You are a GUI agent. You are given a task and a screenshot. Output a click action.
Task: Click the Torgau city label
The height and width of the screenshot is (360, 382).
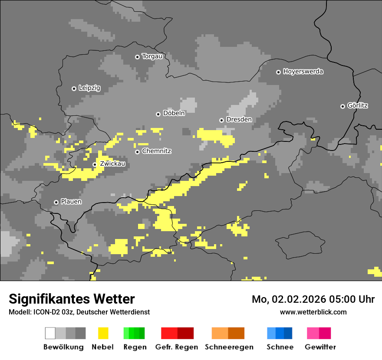(152, 56)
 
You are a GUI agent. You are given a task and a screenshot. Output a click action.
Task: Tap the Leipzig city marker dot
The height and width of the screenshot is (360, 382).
(74, 88)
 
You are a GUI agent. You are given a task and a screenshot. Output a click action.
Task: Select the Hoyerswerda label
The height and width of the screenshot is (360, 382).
(303, 72)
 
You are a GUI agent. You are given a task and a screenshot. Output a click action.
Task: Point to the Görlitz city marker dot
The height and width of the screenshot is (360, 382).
(342, 106)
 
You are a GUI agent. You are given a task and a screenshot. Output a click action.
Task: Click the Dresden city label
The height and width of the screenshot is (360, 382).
(239, 120)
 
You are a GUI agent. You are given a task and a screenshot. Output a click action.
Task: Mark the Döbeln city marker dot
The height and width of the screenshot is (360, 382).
(158, 114)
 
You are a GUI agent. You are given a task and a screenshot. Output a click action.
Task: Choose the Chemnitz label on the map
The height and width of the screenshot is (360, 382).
(156, 151)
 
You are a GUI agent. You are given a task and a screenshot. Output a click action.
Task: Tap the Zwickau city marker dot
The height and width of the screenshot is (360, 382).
(95, 164)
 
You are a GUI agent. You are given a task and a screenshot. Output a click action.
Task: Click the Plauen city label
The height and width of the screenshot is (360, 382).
(71, 202)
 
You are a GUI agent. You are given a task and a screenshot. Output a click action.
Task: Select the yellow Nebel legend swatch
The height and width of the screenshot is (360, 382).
(103, 333)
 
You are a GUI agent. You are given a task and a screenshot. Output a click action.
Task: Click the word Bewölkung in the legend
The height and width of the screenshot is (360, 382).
(63, 347)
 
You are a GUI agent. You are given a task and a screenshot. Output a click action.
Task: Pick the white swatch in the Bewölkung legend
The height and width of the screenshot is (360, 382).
(50, 333)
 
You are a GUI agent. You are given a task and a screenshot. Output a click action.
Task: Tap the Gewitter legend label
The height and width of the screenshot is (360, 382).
(320, 347)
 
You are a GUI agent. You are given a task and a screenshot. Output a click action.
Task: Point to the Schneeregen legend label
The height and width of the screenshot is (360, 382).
(229, 347)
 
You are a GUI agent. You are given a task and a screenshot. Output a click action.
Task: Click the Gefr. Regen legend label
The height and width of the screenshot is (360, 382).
(177, 347)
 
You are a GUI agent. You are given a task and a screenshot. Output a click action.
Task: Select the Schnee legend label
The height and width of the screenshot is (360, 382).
(280, 347)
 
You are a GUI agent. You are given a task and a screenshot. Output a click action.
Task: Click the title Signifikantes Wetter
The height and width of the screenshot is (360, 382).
(72, 299)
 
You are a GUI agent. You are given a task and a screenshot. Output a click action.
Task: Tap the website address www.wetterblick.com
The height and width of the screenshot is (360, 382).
(313, 312)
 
